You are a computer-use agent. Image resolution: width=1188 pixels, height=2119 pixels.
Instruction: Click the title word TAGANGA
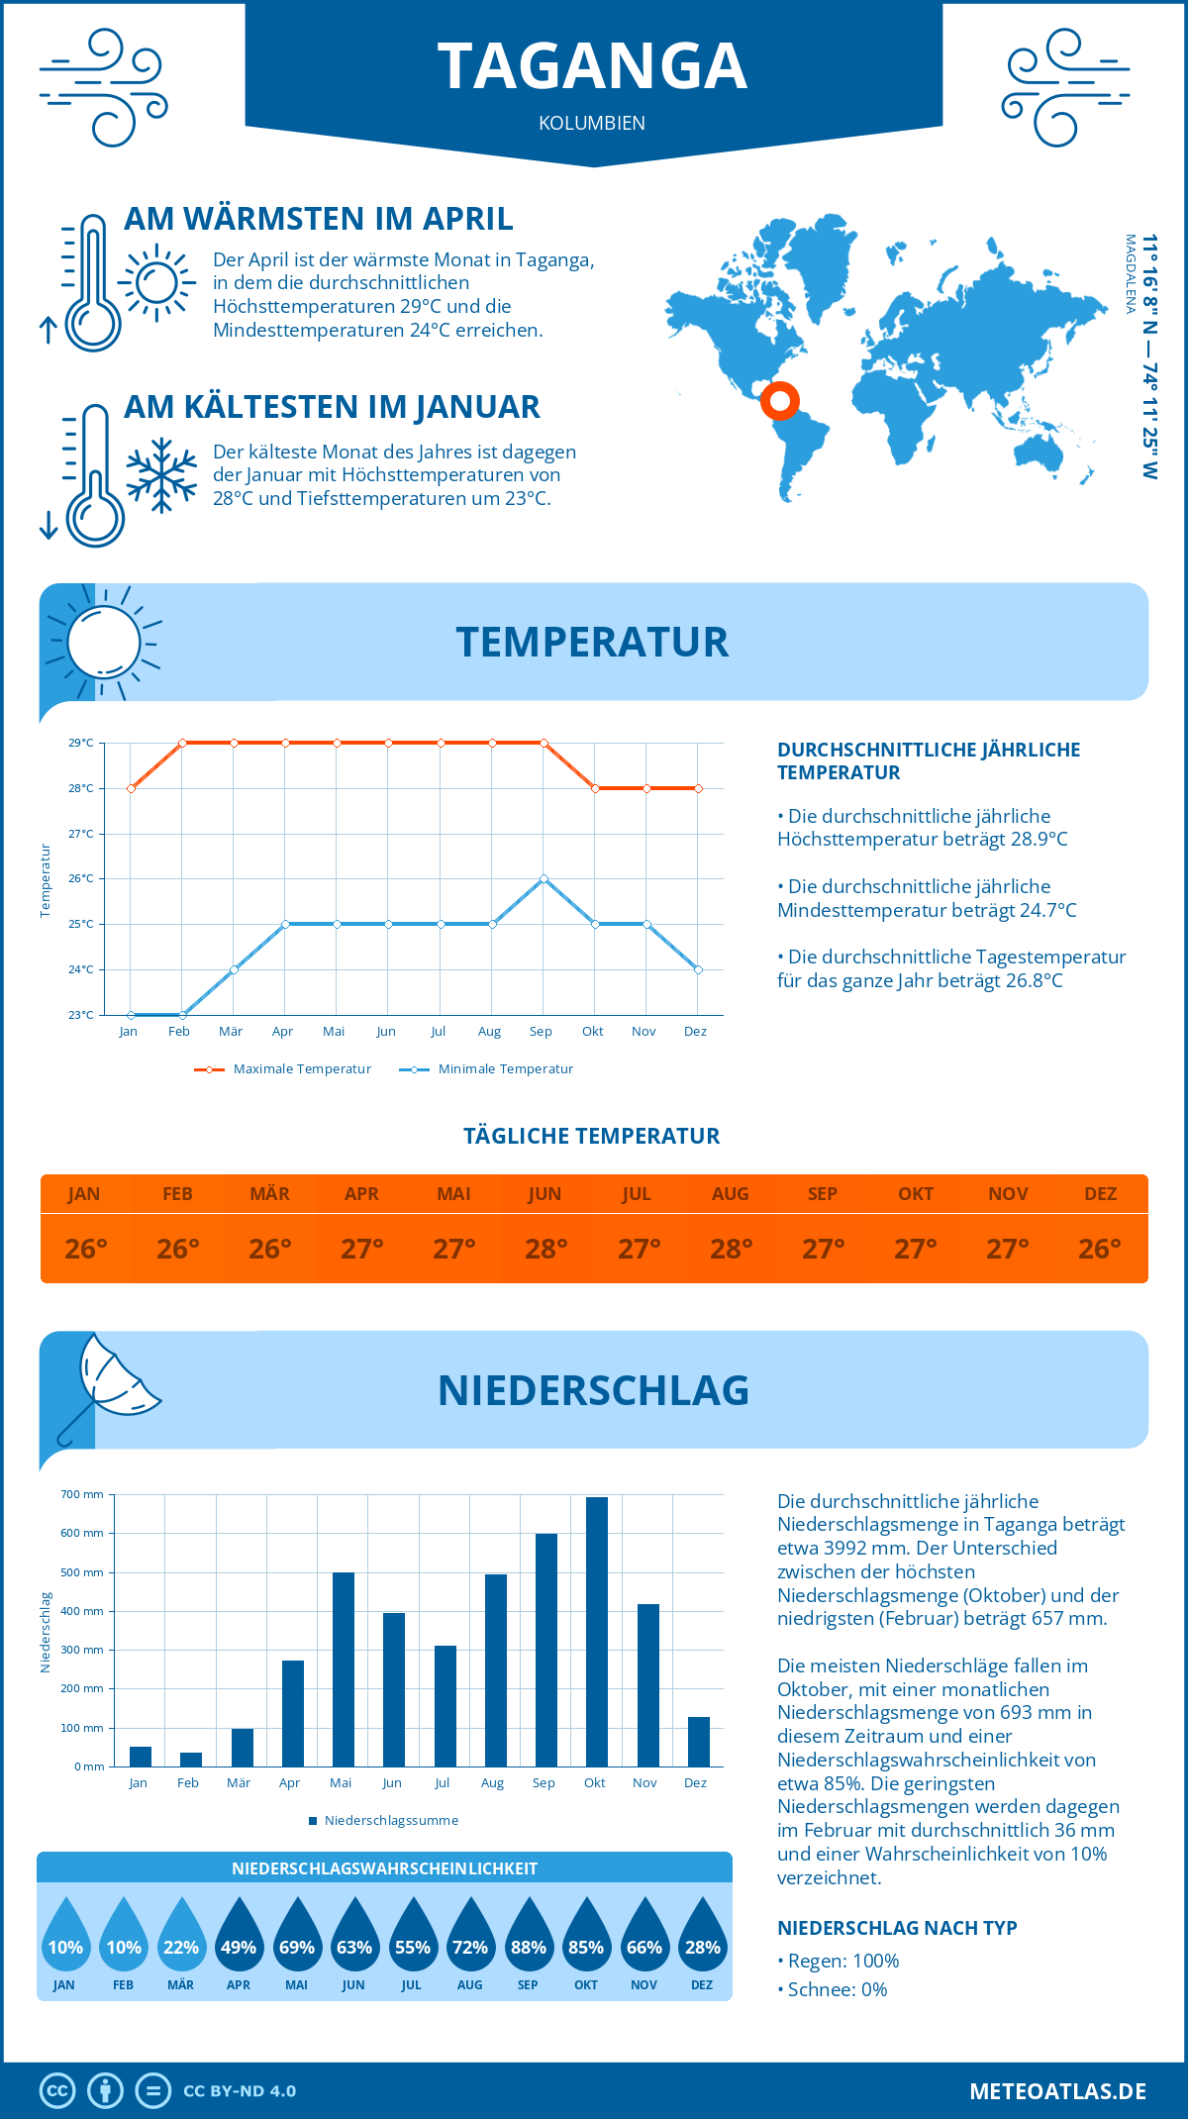592,66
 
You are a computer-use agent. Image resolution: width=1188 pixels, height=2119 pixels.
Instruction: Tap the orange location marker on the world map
780,400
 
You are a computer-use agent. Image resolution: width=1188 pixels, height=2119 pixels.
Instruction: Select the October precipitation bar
596,1631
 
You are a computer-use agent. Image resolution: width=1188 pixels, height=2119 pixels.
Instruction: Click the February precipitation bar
191,1759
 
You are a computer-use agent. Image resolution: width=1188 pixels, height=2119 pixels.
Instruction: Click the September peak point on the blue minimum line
544,878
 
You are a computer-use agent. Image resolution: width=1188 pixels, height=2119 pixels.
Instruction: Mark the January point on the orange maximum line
131,788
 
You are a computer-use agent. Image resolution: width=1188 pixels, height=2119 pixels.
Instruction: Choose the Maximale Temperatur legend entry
283,1069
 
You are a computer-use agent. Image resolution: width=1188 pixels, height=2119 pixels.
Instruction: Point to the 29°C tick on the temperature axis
81,743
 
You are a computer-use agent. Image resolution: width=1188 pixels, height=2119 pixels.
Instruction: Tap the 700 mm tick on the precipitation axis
82,1494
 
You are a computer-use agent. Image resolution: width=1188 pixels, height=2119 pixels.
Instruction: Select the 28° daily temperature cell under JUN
545,1249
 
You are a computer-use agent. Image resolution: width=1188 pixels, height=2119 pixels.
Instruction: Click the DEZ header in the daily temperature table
1100,1193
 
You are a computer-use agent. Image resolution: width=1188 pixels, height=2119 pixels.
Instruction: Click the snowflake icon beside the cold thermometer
161,475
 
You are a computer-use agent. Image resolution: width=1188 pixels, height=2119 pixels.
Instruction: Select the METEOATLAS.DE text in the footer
1057,2091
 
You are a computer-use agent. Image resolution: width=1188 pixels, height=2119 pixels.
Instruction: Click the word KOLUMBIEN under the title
592,123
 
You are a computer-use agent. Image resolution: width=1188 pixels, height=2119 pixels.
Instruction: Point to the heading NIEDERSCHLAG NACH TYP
897,1928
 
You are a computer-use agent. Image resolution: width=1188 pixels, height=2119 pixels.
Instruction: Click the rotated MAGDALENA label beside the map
1130,273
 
